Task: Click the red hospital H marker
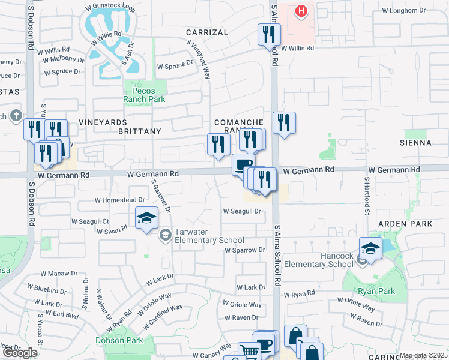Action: [x=301, y=10]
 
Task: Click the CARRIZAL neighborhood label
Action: [x=206, y=32]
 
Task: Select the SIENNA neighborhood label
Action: [x=415, y=143]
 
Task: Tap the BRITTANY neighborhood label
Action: [x=139, y=131]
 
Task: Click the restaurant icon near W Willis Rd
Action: [x=268, y=34]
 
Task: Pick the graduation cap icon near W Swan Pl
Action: [x=146, y=219]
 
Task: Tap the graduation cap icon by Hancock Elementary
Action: [x=370, y=249]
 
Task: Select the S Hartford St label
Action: [x=366, y=194]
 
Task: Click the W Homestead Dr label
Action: [x=120, y=200]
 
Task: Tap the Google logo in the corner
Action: [x=20, y=353]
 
